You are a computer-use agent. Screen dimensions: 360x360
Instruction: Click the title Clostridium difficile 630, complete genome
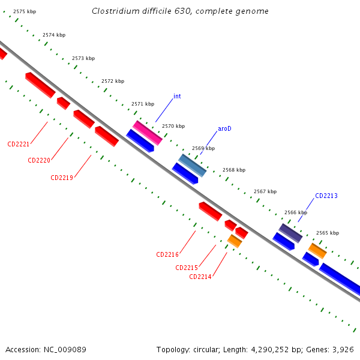click(180, 11)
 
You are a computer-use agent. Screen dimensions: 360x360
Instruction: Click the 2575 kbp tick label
click(25, 11)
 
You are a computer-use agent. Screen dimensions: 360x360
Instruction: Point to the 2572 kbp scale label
click(113, 81)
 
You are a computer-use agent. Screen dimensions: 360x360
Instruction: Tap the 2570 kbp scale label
click(173, 126)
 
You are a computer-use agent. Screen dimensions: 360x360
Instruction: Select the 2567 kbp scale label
click(265, 191)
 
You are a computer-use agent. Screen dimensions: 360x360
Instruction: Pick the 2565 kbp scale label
click(328, 233)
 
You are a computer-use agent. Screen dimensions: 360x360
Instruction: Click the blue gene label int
click(177, 96)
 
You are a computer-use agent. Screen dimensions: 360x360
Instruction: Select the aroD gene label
click(224, 128)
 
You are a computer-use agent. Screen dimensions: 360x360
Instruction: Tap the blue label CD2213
click(326, 196)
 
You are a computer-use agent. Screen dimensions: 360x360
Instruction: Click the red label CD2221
click(19, 144)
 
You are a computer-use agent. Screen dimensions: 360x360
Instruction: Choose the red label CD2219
click(62, 178)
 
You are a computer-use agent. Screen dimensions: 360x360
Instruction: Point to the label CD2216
click(167, 254)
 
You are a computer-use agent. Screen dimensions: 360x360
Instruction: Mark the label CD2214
click(200, 277)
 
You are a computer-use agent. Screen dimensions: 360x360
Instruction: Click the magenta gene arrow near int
click(148, 133)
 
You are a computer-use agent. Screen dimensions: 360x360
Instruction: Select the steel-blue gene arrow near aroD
click(193, 165)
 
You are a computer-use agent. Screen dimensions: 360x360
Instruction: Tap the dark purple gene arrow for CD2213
click(290, 233)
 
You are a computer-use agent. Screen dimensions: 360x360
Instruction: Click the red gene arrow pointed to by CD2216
click(211, 211)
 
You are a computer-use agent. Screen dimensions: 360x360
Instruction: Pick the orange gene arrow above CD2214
click(235, 241)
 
